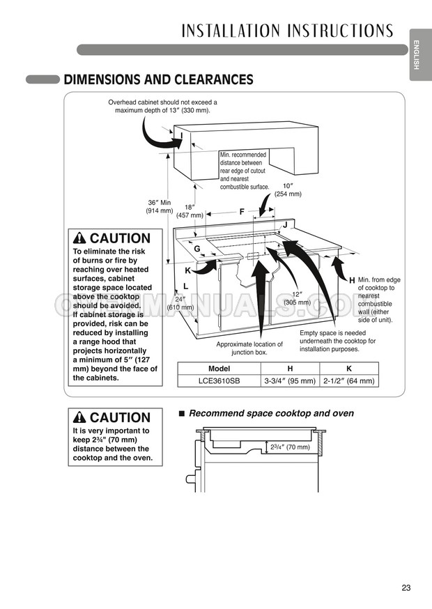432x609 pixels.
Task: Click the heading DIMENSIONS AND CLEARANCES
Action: point(158,79)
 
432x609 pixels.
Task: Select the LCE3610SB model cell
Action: point(219,380)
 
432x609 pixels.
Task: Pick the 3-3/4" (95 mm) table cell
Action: point(290,380)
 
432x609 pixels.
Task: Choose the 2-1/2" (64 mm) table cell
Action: point(349,380)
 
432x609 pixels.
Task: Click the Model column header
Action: point(219,368)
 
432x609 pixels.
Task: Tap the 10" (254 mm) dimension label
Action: point(287,190)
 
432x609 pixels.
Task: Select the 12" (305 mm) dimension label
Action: point(297,298)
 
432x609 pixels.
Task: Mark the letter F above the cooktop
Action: point(242,211)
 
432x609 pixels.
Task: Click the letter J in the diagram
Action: point(285,225)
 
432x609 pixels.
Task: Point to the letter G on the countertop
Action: point(197,249)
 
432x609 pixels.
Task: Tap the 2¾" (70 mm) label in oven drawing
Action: point(288,447)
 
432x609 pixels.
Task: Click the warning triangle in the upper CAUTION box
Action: point(80,238)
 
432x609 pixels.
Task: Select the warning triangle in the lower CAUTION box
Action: point(80,417)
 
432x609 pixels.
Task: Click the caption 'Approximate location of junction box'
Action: point(249,348)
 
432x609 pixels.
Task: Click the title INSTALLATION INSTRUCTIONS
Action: point(287,31)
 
